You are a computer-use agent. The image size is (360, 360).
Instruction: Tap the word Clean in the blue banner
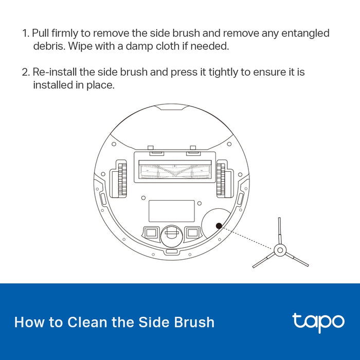click(x=87, y=322)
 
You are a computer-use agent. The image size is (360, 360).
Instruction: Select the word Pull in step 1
click(x=41, y=33)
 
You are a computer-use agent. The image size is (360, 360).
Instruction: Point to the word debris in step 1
click(x=49, y=46)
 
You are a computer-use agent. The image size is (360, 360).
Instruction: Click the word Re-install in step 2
click(x=55, y=72)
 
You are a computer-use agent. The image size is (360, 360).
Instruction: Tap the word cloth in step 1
click(x=168, y=46)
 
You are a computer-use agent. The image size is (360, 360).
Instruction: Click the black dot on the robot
click(x=219, y=226)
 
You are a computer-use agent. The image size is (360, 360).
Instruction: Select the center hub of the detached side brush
click(x=280, y=250)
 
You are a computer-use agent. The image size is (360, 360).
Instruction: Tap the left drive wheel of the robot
click(x=122, y=179)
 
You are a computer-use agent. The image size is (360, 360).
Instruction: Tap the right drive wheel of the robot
click(x=221, y=179)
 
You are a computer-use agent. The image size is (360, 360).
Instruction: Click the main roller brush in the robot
click(x=175, y=171)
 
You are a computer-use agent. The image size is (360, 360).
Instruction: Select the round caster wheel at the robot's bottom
click(x=172, y=236)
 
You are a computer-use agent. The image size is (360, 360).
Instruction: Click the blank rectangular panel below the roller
click(x=172, y=211)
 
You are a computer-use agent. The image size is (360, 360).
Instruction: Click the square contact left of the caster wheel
click(x=151, y=233)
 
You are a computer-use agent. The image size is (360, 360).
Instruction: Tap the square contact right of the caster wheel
click(x=193, y=233)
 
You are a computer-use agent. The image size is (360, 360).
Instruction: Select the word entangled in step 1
click(x=305, y=33)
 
